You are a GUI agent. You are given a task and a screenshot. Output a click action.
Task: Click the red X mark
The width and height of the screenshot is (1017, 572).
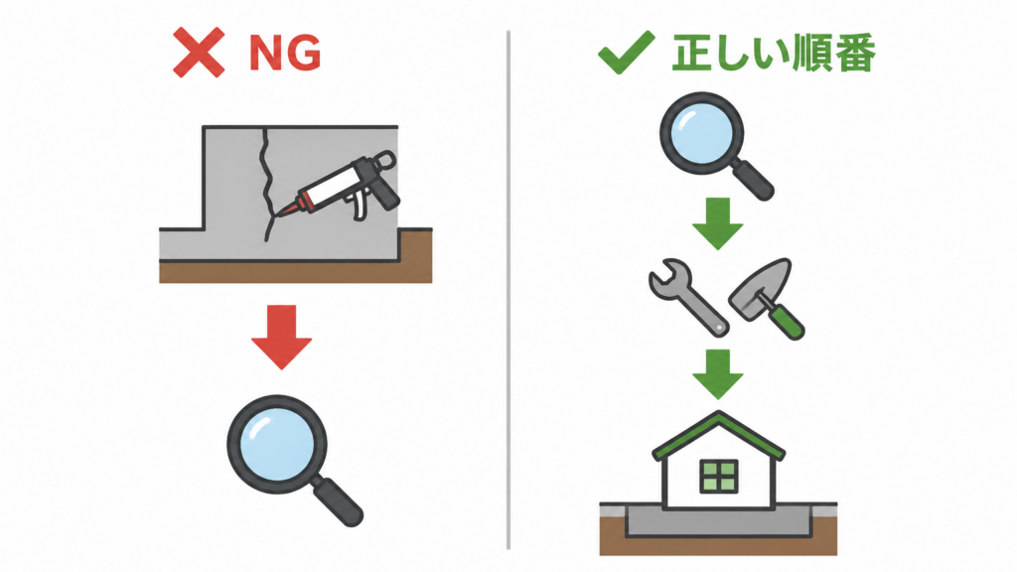pos(199,53)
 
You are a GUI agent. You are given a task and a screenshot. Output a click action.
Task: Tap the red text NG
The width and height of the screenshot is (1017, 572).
pos(285,53)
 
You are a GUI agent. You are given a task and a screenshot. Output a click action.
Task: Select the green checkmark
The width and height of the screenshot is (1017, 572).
pos(626,52)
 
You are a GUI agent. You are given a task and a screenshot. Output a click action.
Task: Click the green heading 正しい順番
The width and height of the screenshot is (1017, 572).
pos(774,53)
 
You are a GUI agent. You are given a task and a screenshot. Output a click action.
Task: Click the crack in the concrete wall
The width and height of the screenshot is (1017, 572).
pos(266,185)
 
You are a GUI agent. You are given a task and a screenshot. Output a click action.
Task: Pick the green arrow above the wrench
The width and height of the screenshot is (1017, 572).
pos(717,223)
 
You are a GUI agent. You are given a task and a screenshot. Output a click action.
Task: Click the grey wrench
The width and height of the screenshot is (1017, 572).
pos(687,297)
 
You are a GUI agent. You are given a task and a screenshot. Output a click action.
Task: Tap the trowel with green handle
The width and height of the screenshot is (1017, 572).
pos(767,298)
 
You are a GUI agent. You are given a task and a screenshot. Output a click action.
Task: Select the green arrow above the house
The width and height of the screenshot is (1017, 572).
pos(717,374)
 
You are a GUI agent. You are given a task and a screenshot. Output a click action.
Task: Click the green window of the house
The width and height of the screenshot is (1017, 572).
pos(719,477)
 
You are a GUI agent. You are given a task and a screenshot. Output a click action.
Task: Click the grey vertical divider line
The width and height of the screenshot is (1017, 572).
pos(508,290)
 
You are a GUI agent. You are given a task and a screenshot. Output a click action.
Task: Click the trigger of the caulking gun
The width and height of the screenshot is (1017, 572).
pos(359,207)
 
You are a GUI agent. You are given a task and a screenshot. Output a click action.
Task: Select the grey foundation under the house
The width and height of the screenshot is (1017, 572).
pos(719,521)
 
